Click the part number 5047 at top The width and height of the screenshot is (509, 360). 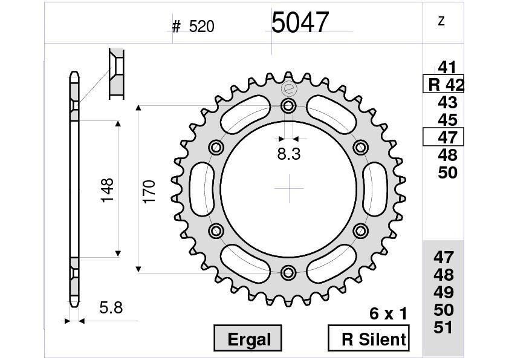(300, 23)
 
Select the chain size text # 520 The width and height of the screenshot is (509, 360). (193, 27)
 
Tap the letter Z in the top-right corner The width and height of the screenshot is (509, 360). (441, 21)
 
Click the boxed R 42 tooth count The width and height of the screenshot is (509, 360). (444, 85)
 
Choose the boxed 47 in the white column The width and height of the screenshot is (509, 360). (444, 137)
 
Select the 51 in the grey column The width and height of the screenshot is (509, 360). (444, 327)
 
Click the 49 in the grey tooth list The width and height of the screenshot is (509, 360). (444, 292)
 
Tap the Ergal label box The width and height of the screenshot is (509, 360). (248, 339)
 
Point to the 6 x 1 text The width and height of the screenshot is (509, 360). (388, 313)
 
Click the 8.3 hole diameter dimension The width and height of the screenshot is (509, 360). (289, 154)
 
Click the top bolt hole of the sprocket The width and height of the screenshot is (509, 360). (289, 107)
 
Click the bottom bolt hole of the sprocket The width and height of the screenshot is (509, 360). (289, 272)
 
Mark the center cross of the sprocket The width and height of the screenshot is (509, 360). (289, 189)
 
